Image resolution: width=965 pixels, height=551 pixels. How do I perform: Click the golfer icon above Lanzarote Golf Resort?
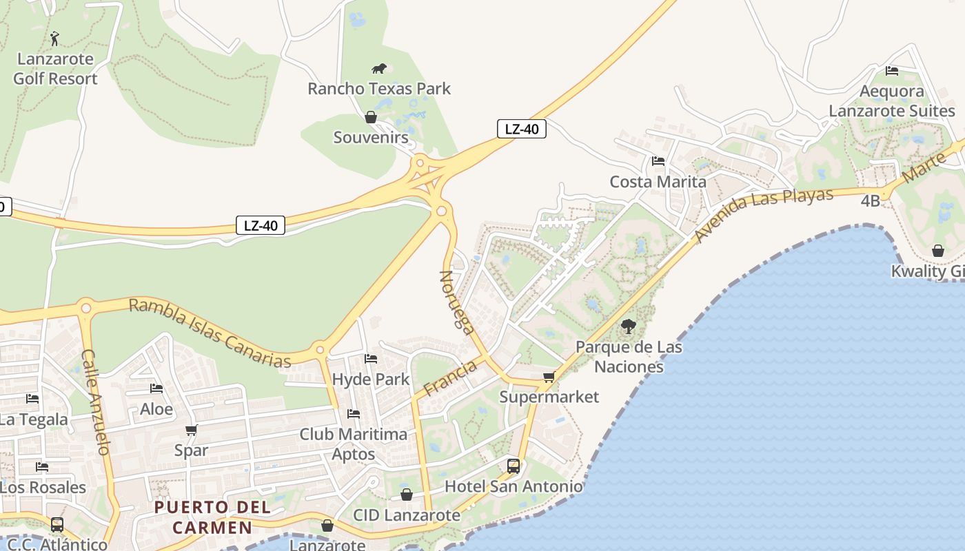coord(55,39)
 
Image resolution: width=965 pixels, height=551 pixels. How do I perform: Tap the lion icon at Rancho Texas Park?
coord(379,68)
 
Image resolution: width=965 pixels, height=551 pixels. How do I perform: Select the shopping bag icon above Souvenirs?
coord(371,117)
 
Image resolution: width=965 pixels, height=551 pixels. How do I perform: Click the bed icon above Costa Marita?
coord(658,161)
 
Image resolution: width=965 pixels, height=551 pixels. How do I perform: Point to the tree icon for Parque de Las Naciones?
coord(628,326)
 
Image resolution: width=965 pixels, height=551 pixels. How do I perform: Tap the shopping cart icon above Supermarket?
coord(549,377)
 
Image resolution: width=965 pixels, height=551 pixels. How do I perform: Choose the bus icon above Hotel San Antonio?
coord(514,466)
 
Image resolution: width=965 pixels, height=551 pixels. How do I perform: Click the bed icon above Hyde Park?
coord(371,359)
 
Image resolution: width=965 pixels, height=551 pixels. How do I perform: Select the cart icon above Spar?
coord(191,430)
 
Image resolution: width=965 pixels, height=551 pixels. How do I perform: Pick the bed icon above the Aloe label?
coord(156,388)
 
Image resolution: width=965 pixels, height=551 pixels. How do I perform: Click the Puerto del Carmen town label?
coord(212,517)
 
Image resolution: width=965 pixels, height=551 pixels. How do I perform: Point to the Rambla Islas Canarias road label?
coord(210,333)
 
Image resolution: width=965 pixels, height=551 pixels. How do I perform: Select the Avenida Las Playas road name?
coord(763,214)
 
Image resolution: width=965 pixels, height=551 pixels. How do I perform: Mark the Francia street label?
coord(450,378)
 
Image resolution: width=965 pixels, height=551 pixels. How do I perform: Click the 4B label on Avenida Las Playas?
coord(871,201)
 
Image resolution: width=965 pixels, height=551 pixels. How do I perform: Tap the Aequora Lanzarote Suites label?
coord(892,101)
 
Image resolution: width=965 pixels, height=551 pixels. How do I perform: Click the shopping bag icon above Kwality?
coord(937,251)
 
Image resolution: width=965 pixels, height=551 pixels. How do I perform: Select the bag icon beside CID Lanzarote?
coord(407,495)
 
